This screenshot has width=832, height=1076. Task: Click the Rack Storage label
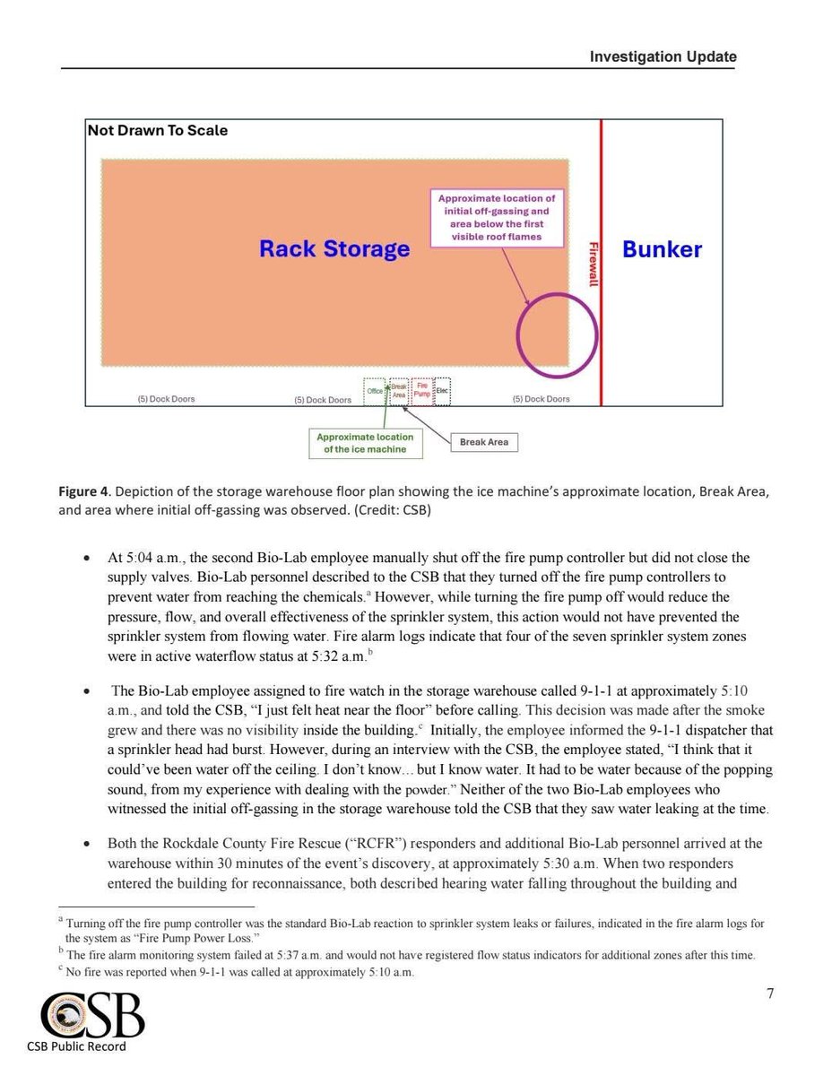(x=334, y=248)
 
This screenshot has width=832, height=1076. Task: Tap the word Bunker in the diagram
(x=662, y=248)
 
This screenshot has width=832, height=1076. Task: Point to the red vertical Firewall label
(x=591, y=265)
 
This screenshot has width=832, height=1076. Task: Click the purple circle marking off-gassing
(x=557, y=334)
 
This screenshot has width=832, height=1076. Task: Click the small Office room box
(x=375, y=391)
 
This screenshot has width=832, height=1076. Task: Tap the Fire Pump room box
(x=421, y=391)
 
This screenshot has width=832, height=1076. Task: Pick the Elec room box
(x=442, y=391)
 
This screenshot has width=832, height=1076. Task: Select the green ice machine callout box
(x=365, y=443)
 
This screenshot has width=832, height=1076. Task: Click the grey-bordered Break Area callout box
(x=484, y=442)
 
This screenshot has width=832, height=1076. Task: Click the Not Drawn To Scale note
(x=158, y=131)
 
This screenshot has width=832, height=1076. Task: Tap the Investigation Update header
(x=663, y=57)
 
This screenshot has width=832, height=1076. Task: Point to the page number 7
(x=769, y=993)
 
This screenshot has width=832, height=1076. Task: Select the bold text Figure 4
(x=83, y=492)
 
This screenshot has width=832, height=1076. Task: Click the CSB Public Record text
(x=76, y=1046)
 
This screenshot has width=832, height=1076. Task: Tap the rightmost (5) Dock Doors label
(x=541, y=399)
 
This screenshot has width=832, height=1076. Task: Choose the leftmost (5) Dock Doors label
(x=166, y=399)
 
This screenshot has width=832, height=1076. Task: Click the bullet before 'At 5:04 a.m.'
(x=85, y=559)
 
